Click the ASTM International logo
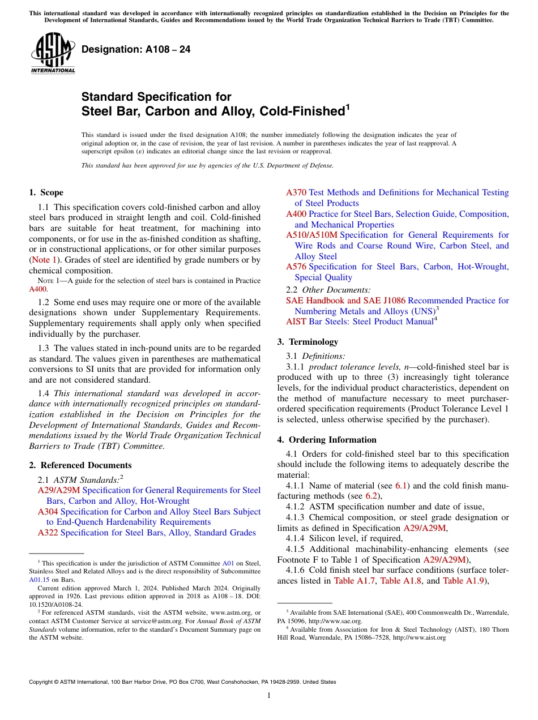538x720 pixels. coord(53,53)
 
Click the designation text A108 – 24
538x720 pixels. coord(136,50)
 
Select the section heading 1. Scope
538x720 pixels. coord(46,192)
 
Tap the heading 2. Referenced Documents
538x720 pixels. coord(80,465)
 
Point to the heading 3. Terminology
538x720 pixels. coord(308,342)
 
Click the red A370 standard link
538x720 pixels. coord(296,193)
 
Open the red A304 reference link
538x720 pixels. coord(48,512)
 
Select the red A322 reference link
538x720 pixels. coord(48,533)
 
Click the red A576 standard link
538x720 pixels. coord(296,267)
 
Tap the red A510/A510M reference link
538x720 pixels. coord(311,235)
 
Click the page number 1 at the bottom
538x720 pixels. coord(269,696)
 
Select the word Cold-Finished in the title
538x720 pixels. coord(301,112)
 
